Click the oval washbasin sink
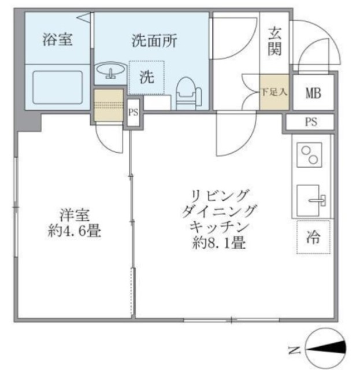(x=110, y=73)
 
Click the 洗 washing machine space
(x=147, y=77)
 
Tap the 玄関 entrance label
(x=274, y=43)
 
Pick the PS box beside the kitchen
(x=311, y=123)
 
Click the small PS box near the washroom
(x=133, y=112)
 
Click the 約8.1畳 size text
(x=219, y=243)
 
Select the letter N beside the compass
(x=294, y=349)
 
